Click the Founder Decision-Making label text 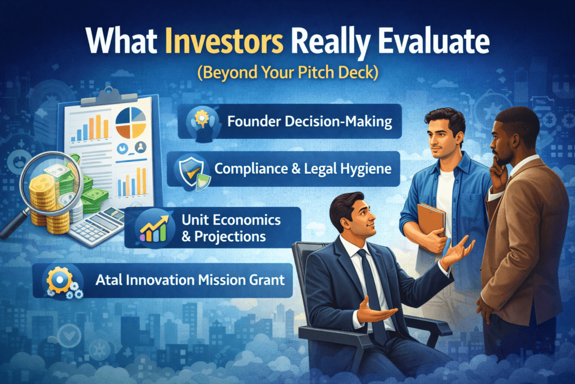pyautogui.click(x=309, y=121)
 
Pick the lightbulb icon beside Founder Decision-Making pyautogui.click(x=200, y=121)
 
